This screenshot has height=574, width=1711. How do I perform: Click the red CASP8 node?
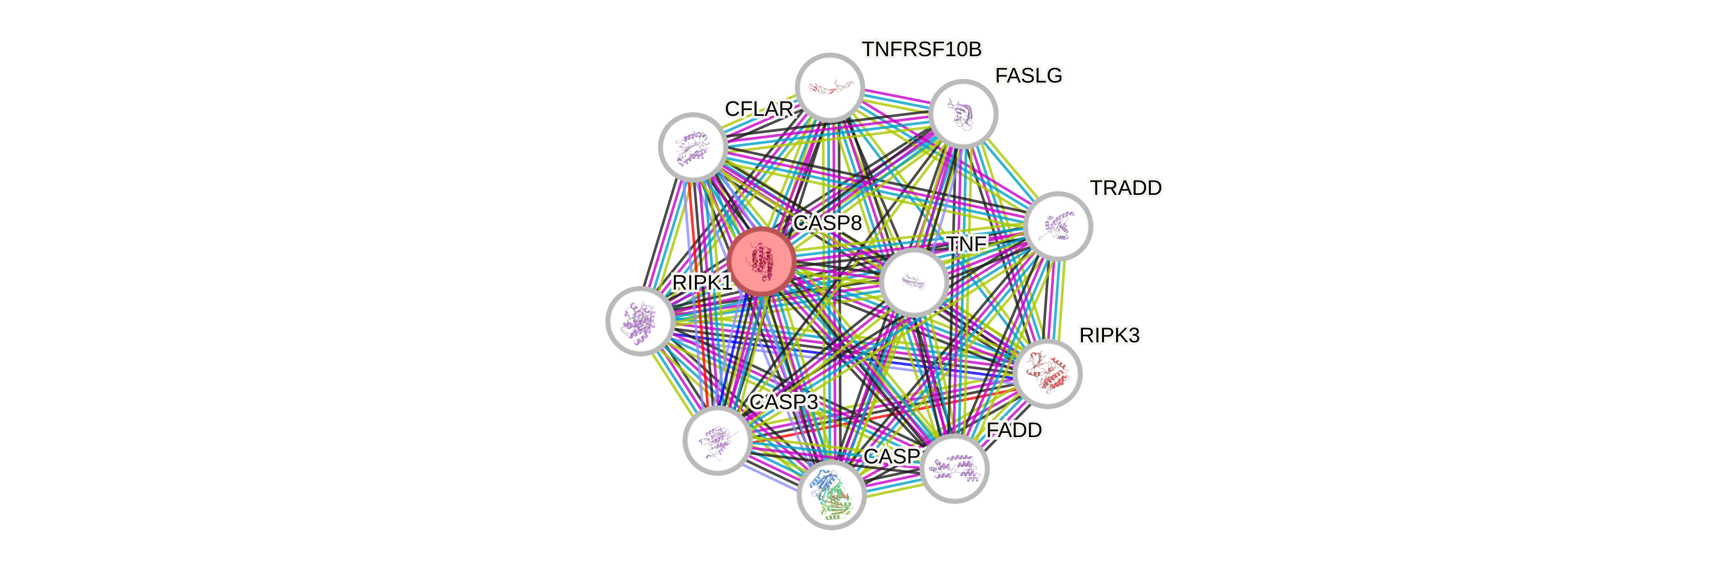pyautogui.click(x=761, y=261)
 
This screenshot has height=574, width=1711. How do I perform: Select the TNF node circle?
pyautogui.click(x=913, y=282)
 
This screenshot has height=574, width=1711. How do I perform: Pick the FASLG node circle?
pyautogui.click(x=963, y=114)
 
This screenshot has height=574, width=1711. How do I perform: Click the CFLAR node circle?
pyautogui.click(x=692, y=147)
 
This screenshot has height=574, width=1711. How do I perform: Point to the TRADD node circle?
pyautogui.click(x=1058, y=226)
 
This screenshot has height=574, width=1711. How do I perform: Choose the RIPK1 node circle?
pyautogui.click(x=640, y=321)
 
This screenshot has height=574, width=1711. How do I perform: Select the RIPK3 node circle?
pyautogui.click(x=1048, y=373)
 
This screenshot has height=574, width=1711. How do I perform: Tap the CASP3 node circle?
pyautogui.click(x=718, y=440)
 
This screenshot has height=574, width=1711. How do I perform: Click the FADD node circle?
pyautogui.click(x=954, y=468)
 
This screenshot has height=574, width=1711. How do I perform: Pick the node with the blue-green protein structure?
pyautogui.click(x=831, y=495)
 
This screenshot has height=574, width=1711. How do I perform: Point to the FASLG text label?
pyautogui.click(x=1028, y=76)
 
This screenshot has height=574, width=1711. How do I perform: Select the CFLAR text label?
pyautogui.click(x=759, y=109)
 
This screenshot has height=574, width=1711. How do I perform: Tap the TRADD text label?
pyautogui.click(x=1127, y=189)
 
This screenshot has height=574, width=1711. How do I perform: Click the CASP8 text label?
pyautogui.click(x=828, y=223)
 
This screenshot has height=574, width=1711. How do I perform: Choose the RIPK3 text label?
pyautogui.click(x=1109, y=336)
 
